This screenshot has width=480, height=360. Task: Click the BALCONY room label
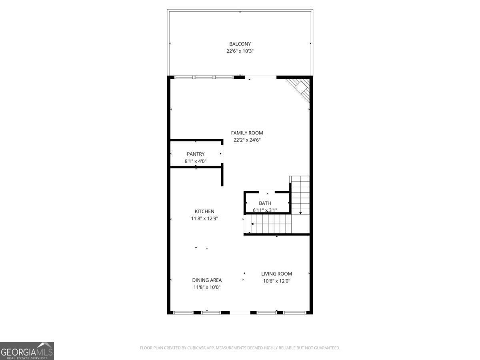pos(240,44)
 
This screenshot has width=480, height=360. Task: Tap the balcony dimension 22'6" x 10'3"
pos(240,51)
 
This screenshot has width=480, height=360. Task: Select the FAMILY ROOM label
pos(247,133)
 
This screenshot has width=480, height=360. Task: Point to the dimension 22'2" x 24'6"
pos(247,140)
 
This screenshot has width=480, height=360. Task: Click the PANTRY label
pos(196,154)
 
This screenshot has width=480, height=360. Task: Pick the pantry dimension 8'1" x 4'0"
pos(196,161)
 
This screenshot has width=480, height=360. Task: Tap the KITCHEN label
pos(204,211)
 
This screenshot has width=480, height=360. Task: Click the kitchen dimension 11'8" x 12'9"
pos(204,218)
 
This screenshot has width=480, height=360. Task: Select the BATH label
pos(265,203)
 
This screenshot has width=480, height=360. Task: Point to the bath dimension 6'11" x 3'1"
pos(265,210)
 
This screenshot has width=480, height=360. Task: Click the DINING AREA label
pos(207,280)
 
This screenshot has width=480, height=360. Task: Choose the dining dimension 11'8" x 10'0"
pos(207,287)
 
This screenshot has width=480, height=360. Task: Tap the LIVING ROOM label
pos(276,274)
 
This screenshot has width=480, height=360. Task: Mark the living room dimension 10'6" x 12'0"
pos(276,281)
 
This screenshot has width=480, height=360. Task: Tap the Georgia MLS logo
pos(27,351)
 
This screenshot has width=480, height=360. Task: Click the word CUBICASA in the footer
pos(196,348)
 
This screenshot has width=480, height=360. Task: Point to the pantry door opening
pos(222,153)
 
